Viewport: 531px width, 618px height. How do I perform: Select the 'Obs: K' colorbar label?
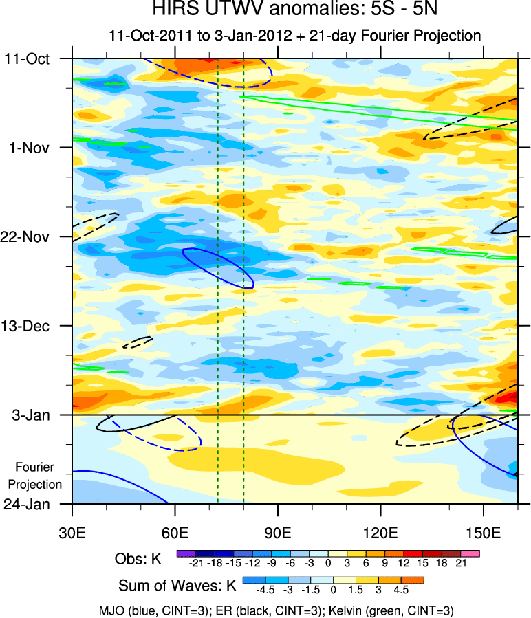tap(138, 559)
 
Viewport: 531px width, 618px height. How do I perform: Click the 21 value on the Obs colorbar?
tap(462, 564)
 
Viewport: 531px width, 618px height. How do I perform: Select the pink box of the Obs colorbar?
tap(470, 553)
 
